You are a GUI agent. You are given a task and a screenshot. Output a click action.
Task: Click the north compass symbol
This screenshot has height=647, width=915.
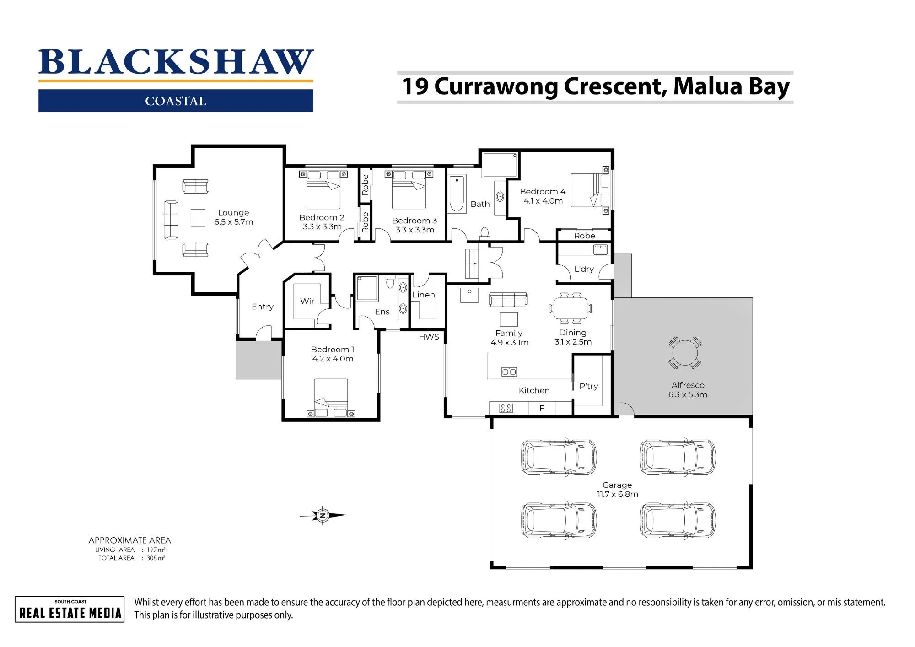click(323, 516)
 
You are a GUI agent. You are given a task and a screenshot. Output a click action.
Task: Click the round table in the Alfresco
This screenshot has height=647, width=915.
click(684, 353)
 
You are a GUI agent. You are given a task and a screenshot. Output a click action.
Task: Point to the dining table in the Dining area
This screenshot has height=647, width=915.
click(571, 308)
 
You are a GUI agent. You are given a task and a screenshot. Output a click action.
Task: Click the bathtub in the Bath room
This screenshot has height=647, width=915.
click(457, 194)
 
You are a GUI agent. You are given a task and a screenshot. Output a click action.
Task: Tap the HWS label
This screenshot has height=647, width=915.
click(429, 337)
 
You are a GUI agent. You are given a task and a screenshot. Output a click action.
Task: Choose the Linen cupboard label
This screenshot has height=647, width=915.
click(424, 295)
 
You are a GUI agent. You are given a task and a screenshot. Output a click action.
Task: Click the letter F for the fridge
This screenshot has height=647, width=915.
click(542, 408)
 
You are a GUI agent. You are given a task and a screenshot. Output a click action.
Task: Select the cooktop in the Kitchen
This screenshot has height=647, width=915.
click(506, 408)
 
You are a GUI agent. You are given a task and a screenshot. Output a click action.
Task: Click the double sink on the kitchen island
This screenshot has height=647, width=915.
click(509, 372)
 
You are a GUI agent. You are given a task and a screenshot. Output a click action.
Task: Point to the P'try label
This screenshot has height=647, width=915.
click(588, 386)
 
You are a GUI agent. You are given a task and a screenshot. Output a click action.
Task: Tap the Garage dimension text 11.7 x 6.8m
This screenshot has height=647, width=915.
click(618, 495)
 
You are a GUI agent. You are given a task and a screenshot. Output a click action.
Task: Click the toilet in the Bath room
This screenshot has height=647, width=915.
click(484, 234)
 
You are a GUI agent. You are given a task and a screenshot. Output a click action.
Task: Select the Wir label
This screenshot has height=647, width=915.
click(307, 301)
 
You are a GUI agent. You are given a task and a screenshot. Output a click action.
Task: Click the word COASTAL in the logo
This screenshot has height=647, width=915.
click(176, 101)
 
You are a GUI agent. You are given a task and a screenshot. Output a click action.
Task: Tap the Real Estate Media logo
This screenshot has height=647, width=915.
click(70, 609)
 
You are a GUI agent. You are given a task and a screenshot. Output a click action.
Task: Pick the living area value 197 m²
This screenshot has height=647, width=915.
click(156, 550)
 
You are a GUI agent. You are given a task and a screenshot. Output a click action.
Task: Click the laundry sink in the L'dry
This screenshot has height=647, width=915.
click(600, 250)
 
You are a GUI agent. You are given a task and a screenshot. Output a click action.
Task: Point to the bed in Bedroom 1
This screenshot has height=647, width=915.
click(331, 398)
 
